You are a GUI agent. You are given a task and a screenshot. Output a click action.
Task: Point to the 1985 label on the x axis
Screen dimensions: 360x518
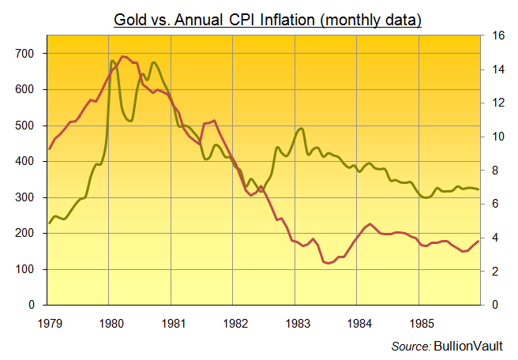(422, 322)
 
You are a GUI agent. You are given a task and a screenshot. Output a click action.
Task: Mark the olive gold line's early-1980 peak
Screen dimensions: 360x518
(111, 61)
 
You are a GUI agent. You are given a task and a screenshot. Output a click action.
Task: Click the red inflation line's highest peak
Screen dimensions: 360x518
(123, 57)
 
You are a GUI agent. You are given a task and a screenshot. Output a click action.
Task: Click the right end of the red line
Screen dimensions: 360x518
(479, 241)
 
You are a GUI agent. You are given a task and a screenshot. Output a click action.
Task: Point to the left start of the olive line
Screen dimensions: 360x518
(49, 223)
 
